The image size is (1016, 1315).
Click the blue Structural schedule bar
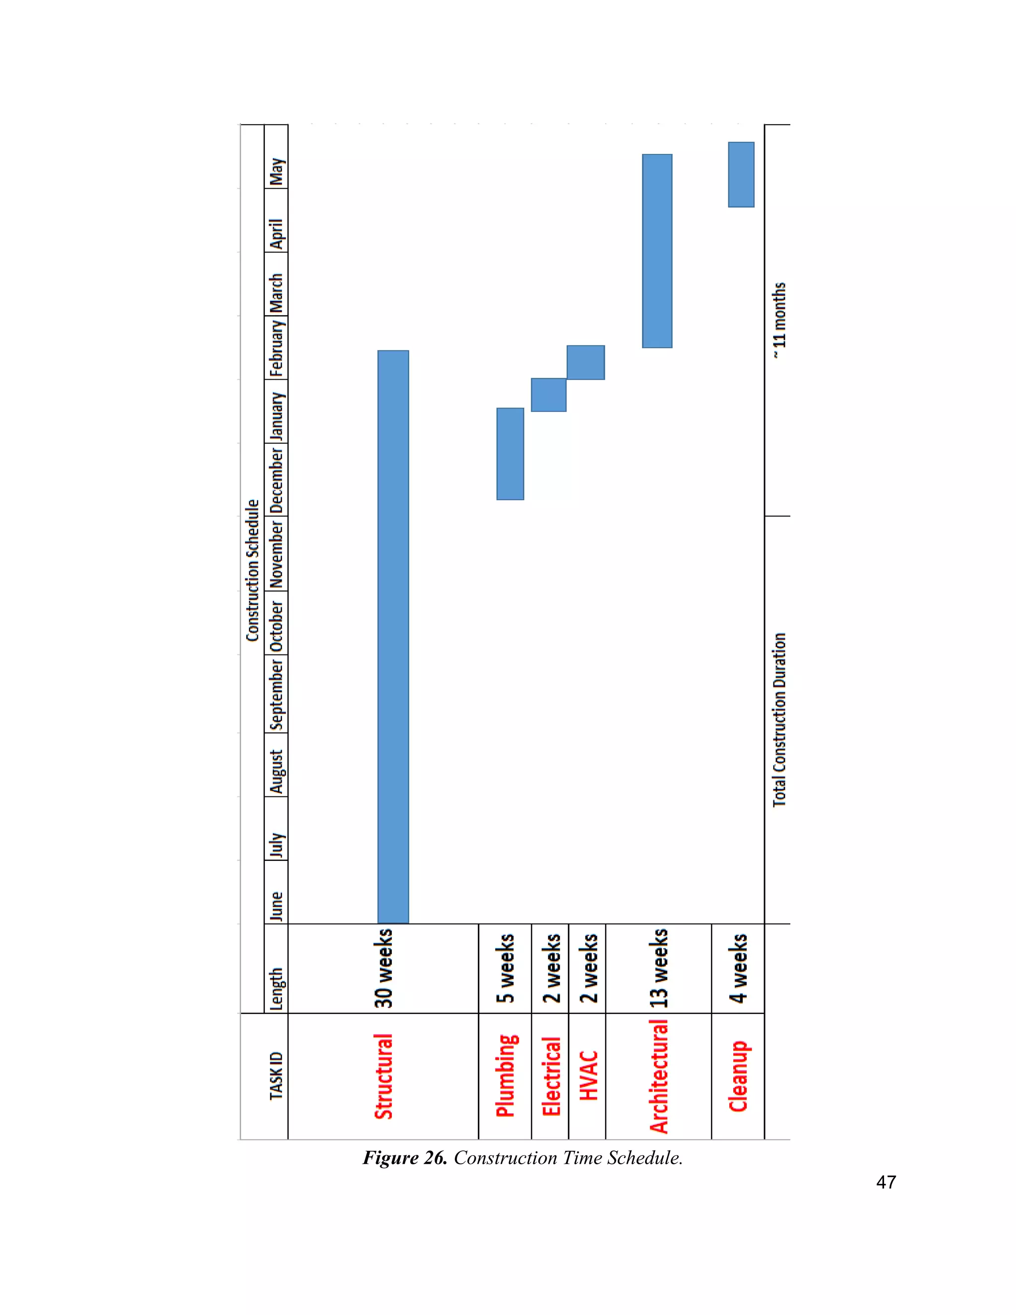pyautogui.click(x=393, y=637)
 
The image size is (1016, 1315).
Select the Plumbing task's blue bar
pyautogui.click(x=510, y=454)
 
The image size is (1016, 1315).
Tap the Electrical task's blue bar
pyautogui.click(x=548, y=395)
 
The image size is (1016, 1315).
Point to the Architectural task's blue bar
pyautogui.click(x=657, y=251)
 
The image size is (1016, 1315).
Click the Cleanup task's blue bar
pyautogui.click(x=741, y=175)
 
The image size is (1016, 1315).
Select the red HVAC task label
pyautogui.click(x=588, y=1076)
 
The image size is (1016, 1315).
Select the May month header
pyautogui.click(x=276, y=172)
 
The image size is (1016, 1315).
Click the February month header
pyautogui.click(x=276, y=348)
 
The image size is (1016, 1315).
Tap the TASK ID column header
pyautogui.click(x=276, y=1076)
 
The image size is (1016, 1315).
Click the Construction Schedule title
pyautogui.click(x=252, y=570)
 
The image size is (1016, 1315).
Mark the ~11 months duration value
pyautogui.click(x=779, y=321)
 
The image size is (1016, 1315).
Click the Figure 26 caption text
pyautogui.click(x=522, y=1158)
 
